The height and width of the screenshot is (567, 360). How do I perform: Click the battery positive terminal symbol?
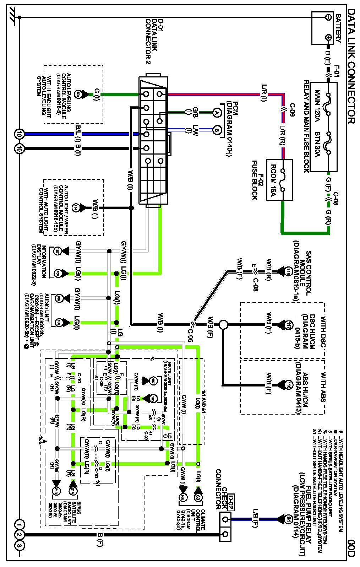coord(328,38)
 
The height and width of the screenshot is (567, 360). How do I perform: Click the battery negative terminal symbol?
coord(328,17)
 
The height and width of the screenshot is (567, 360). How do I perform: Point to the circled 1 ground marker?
coord(20,524)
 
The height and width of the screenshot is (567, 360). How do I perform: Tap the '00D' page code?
coord(351,549)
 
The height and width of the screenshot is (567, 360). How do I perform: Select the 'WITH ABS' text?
coord(323,387)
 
